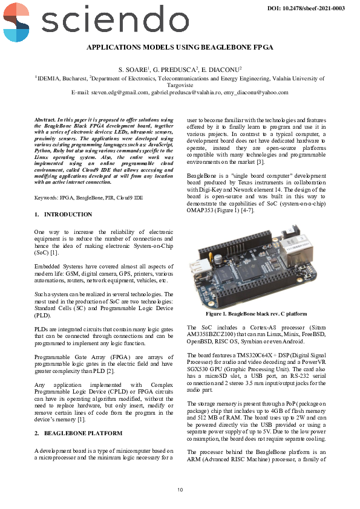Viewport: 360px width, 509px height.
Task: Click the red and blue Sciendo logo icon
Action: pyautogui.click(x=16, y=21)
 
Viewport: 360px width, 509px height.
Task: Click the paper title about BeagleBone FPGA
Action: pyautogui.click(x=180, y=47)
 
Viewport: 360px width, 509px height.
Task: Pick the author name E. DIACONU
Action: pyautogui.click(x=221, y=70)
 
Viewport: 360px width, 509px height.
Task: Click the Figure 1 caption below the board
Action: pyautogui.click(x=256, y=314)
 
